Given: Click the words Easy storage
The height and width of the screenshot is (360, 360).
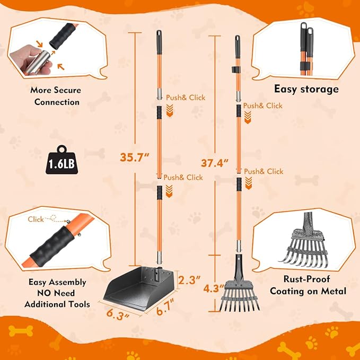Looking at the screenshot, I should (306, 89).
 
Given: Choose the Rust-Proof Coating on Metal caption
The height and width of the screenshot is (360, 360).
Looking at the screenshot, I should (308, 285).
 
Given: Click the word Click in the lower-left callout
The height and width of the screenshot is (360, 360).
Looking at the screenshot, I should (36, 218).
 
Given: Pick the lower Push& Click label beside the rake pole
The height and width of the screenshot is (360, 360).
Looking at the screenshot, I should (264, 171).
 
